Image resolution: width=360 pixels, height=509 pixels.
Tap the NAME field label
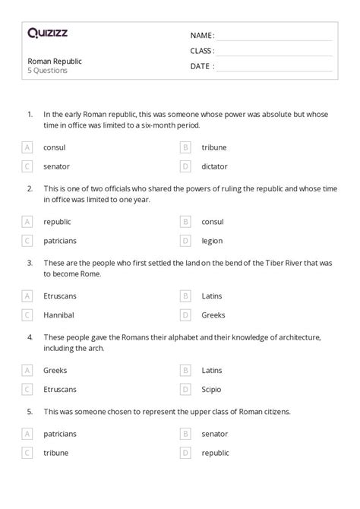coord(202,35)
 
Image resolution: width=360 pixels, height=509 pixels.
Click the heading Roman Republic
coord(55,61)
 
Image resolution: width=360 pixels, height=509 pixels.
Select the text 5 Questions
coord(48,71)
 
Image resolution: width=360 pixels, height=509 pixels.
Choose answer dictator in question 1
coord(215,166)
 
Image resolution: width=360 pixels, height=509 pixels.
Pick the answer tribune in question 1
coord(213,147)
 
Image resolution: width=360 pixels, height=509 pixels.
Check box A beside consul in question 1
coord(27,147)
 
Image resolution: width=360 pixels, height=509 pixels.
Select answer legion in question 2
coord(212,240)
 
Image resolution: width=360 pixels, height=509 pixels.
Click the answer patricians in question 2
coord(60,240)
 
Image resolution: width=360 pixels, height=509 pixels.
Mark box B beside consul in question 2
coord(185,222)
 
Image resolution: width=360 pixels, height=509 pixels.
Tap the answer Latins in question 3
coord(212,296)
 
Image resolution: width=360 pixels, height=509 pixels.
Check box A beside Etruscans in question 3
coord(27,296)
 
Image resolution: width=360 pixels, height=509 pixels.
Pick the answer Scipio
coord(212,389)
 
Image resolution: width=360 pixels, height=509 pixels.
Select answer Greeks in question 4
coord(55,370)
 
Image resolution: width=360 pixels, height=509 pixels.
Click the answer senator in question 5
coord(215,434)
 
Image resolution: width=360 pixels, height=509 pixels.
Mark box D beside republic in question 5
coord(185,452)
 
